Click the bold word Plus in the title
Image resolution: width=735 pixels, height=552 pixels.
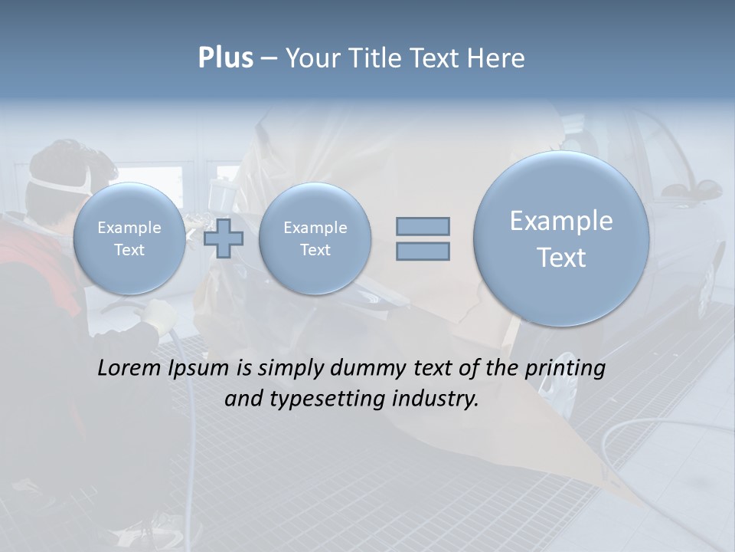coord(225,58)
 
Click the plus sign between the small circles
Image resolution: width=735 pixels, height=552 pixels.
coord(224,238)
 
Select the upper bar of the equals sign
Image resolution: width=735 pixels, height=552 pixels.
coord(423,226)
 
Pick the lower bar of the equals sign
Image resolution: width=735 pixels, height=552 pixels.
coord(423,251)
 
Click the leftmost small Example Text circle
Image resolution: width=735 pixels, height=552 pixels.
coord(129,238)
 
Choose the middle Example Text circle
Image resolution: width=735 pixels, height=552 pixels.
coord(315,238)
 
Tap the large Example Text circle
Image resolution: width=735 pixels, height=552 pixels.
coord(561,238)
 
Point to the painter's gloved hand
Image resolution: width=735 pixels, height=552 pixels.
coord(157,314)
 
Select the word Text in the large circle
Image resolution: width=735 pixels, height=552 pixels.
coord(561,258)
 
